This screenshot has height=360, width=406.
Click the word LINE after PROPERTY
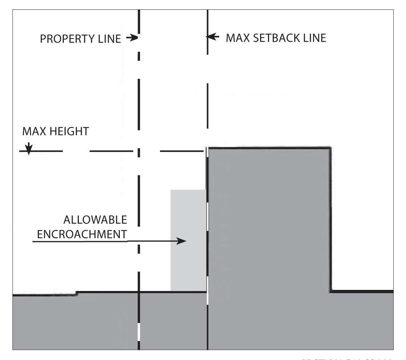click(x=110, y=39)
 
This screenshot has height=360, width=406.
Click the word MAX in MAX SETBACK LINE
click(x=237, y=38)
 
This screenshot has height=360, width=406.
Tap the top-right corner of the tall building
click(x=329, y=147)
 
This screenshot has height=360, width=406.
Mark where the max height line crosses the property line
click(x=139, y=151)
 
